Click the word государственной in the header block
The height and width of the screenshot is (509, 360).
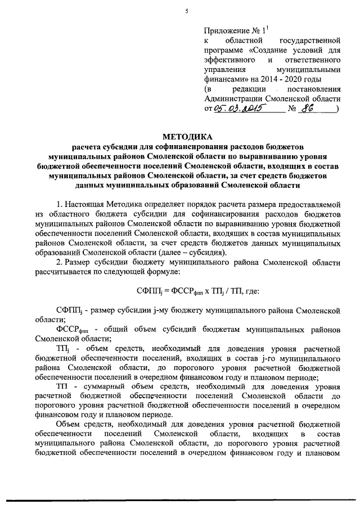(310, 42)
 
